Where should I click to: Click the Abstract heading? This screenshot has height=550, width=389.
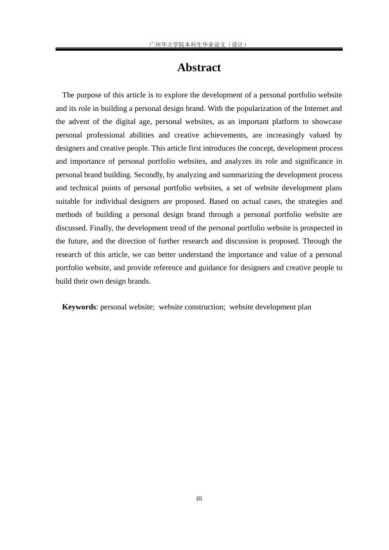point(199,68)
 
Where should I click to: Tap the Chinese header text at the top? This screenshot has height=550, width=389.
point(199,44)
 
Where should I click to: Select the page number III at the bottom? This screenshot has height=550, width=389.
point(199,498)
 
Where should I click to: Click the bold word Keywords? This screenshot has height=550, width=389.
point(79,307)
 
